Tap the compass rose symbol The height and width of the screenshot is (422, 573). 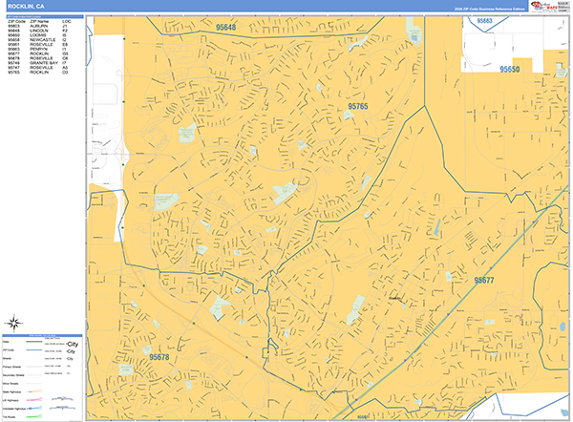(x=15, y=323)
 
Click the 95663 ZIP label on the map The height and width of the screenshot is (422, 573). (x=485, y=20)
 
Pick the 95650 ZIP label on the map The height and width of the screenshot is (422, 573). (x=511, y=69)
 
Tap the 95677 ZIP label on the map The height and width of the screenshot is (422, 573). (x=483, y=280)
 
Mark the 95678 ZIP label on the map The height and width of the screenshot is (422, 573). (x=159, y=357)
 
